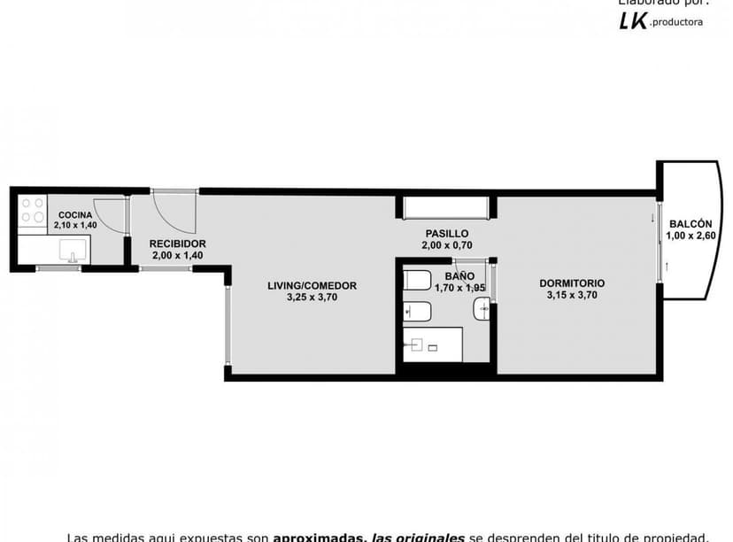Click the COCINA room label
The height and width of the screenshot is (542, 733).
[x=75, y=215]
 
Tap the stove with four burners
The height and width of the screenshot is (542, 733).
[x=32, y=212]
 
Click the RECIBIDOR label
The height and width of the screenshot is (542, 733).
[x=178, y=244]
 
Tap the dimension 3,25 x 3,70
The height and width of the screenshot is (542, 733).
[x=312, y=298]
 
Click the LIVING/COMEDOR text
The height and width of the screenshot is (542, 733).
[x=312, y=285]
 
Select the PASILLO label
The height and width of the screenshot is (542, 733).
[x=446, y=233]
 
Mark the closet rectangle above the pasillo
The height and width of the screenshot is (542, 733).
[x=445, y=208]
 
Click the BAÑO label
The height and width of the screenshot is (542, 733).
[x=447, y=275]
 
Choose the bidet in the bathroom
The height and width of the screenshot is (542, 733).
[x=417, y=311]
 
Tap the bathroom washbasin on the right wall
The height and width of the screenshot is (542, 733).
[x=481, y=309]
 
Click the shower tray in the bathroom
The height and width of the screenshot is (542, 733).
[x=433, y=344]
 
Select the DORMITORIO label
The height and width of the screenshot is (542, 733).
[x=572, y=283]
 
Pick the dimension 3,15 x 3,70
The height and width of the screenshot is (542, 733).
[x=572, y=296]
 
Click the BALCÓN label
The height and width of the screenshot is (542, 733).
[x=689, y=224]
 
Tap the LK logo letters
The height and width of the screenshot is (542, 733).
[x=632, y=22]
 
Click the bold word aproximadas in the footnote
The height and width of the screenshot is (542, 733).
[x=320, y=537]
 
